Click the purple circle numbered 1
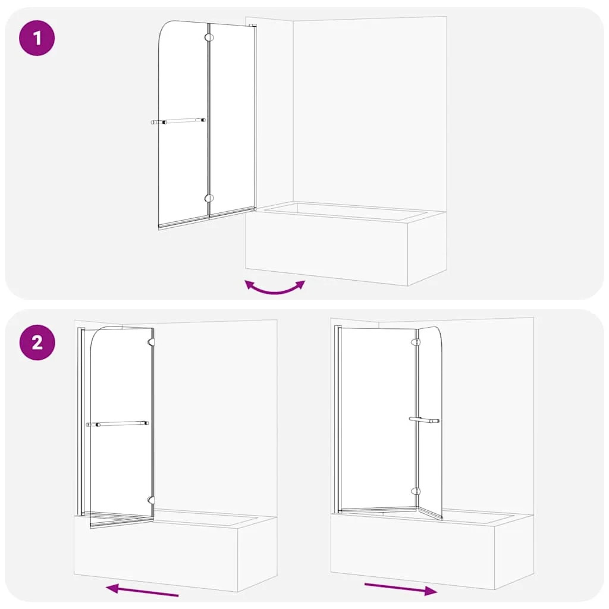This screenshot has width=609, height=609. click(37, 38)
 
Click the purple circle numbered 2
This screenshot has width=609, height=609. click(37, 343)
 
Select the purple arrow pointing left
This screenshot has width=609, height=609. click(142, 589)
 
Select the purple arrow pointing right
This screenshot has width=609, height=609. click(401, 588)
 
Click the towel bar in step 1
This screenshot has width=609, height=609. click(178, 121)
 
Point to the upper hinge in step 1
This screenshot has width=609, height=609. click(209, 37)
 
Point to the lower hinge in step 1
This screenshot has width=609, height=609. click(209, 199)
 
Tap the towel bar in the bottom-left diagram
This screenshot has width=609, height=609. click(117, 423)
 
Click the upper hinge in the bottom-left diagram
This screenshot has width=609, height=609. click(151, 342)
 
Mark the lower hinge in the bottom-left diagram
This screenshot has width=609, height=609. click(151, 500)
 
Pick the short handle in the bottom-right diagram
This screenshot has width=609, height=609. click(424, 420)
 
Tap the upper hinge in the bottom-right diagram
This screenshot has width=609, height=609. click(416, 342)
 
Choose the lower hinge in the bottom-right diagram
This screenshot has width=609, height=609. click(416, 491)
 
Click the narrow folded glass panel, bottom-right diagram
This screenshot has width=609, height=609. click(430, 423)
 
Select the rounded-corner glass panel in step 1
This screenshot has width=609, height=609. click(183, 124)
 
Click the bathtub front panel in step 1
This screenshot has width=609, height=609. click(327, 248)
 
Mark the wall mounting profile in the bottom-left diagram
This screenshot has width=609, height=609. click(81, 422)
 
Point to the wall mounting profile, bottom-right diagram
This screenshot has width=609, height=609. click(338, 419)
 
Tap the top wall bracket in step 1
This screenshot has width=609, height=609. click(254, 26)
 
